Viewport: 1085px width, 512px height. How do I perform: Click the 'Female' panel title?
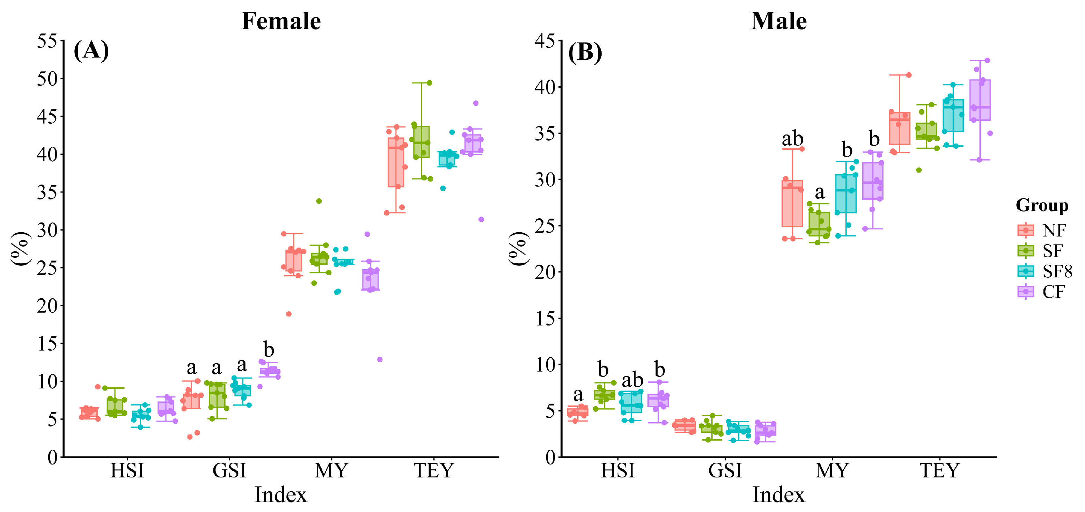(281, 21)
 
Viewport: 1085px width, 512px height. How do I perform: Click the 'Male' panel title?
(778, 21)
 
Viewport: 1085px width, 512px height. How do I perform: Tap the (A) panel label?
(91, 51)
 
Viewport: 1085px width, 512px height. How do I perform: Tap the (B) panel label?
(585, 53)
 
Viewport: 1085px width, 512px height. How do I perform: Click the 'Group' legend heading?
(1042, 206)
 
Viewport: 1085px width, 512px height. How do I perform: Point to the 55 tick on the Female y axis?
(47, 41)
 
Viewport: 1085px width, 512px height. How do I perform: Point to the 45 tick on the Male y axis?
(545, 41)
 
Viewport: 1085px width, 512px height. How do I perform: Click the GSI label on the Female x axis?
(229, 471)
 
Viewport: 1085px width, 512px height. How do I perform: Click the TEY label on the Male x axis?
(939, 471)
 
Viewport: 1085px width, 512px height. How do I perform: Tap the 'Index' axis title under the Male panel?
(778, 495)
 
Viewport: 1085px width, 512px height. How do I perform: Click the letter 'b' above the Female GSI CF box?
(269, 350)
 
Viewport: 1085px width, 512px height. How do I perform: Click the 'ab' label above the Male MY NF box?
(792, 139)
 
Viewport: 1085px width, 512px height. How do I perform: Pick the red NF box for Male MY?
(792, 204)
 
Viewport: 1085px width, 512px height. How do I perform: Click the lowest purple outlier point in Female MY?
(380, 359)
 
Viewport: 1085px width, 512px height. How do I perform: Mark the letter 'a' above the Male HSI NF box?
(578, 395)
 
